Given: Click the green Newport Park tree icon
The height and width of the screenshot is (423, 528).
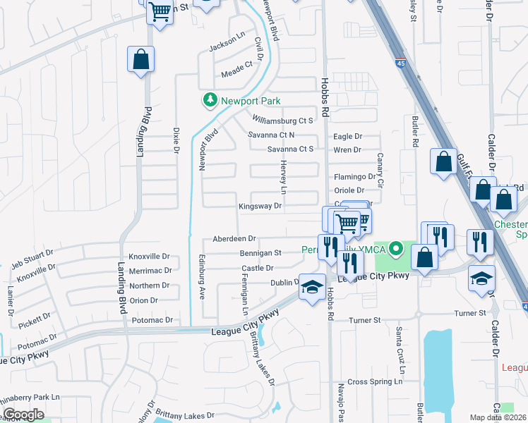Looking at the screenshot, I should (209, 100).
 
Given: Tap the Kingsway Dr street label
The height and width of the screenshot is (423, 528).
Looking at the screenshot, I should (260, 207).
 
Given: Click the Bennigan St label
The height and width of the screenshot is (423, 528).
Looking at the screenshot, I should (260, 252).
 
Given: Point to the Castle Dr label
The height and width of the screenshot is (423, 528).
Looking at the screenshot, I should (257, 269).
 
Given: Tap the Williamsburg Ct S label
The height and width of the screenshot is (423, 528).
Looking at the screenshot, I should (282, 121).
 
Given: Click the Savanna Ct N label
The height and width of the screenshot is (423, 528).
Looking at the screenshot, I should (271, 135).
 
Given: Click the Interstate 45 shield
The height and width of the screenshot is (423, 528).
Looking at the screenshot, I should (400, 62).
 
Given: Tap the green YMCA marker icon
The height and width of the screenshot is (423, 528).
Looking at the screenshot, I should (396, 249).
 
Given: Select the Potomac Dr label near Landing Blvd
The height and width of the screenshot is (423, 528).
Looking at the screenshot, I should (152, 320).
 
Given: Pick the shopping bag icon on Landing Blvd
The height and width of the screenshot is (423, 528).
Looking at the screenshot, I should (140, 61).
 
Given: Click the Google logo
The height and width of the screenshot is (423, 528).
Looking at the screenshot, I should (23, 415).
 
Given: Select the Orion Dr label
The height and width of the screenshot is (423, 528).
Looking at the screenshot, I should (143, 300).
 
